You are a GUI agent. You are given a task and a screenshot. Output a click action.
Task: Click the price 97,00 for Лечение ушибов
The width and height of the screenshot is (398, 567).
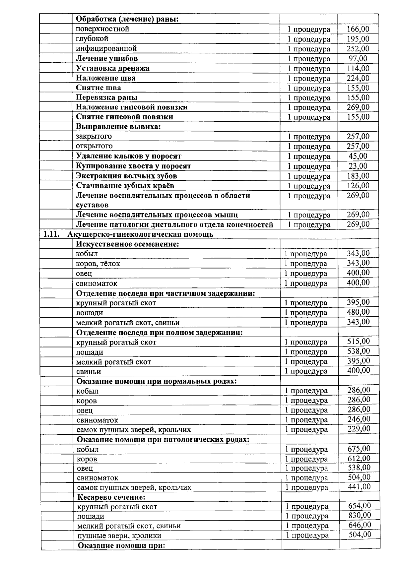coord(358,59)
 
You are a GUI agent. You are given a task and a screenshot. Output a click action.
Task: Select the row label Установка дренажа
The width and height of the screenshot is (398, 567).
coord(112,68)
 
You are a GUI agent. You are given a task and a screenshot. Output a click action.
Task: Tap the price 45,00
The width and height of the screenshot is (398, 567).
coord(358,156)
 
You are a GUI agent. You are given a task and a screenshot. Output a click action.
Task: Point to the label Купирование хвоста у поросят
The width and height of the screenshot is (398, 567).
coord(133,166)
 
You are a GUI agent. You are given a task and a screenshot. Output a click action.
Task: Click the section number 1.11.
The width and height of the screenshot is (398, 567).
coord(51,234)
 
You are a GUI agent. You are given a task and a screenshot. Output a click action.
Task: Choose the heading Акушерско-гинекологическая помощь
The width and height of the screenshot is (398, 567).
coord(140,234)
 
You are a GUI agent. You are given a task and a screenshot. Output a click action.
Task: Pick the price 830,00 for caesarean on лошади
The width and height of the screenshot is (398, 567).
coord(360,515)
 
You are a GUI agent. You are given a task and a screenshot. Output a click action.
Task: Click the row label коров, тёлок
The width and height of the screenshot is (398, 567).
coord(98,264)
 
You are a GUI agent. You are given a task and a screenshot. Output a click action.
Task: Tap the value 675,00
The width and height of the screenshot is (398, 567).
coord(359,449)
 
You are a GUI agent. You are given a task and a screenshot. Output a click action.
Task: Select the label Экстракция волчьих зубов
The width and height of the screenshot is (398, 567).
coord(126,176)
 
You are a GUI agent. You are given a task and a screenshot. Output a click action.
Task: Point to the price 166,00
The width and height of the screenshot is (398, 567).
coord(358,29)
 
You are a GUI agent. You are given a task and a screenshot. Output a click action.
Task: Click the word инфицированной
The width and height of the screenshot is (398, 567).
coord(106,49)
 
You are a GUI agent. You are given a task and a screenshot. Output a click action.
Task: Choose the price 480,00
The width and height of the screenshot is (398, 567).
coord(358,312)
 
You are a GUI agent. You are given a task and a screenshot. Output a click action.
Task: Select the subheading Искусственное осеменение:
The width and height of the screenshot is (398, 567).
coord(127,244)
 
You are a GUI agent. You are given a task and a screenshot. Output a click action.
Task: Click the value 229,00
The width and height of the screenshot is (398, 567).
coord(359,429)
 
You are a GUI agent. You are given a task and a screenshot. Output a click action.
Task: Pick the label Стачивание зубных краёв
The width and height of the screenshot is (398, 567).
coord(125,185)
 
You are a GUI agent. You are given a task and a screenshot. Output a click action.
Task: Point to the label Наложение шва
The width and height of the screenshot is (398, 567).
coord(105,78)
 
